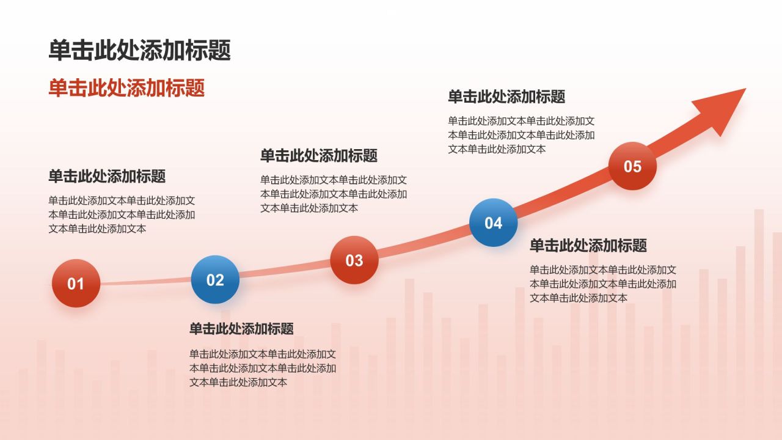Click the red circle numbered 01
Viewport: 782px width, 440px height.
click(76, 283)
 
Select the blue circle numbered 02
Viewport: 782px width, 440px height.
click(215, 280)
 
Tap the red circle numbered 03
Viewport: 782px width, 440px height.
click(354, 260)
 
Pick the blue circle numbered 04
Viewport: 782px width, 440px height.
click(493, 222)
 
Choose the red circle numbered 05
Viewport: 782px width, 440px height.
click(632, 166)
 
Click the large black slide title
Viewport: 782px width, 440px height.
click(140, 50)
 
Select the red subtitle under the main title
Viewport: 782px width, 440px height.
click(126, 88)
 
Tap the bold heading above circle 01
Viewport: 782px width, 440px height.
click(107, 177)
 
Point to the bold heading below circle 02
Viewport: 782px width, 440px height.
click(241, 329)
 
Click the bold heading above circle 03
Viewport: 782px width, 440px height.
click(319, 155)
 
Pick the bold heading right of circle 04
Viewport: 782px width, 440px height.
click(588, 246)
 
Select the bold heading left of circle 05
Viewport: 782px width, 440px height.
click(506, 97)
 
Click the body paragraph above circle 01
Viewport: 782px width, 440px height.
click(122, 215)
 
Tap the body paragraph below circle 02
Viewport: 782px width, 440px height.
click(263, 368)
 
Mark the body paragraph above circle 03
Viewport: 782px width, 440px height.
click(334, 194)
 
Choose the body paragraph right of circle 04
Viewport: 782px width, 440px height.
click(602, 284)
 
